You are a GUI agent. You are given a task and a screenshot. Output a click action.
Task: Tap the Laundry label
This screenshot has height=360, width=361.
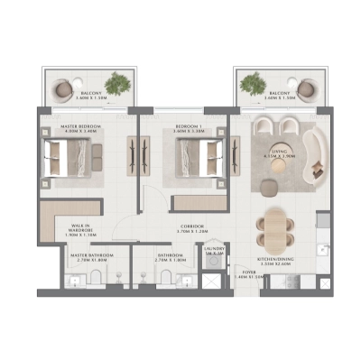214,250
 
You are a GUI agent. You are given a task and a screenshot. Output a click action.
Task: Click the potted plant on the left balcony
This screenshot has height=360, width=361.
116,86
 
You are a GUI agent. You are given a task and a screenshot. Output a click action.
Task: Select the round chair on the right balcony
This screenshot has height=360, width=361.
306,88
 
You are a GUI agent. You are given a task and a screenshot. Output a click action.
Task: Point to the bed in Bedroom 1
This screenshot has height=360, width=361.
191,160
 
